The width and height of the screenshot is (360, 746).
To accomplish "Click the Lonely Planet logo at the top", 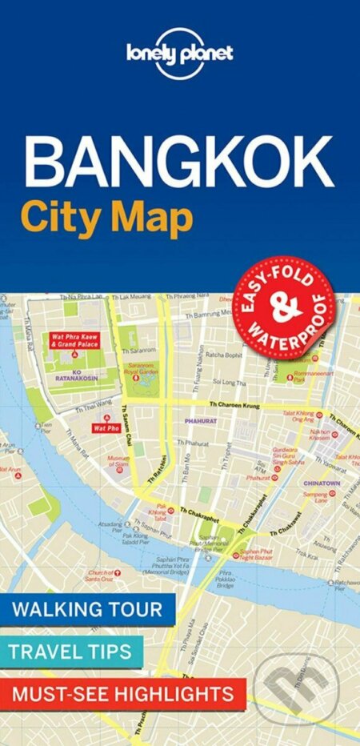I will [179, 54].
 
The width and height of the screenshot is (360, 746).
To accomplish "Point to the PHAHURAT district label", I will [195, 417].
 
